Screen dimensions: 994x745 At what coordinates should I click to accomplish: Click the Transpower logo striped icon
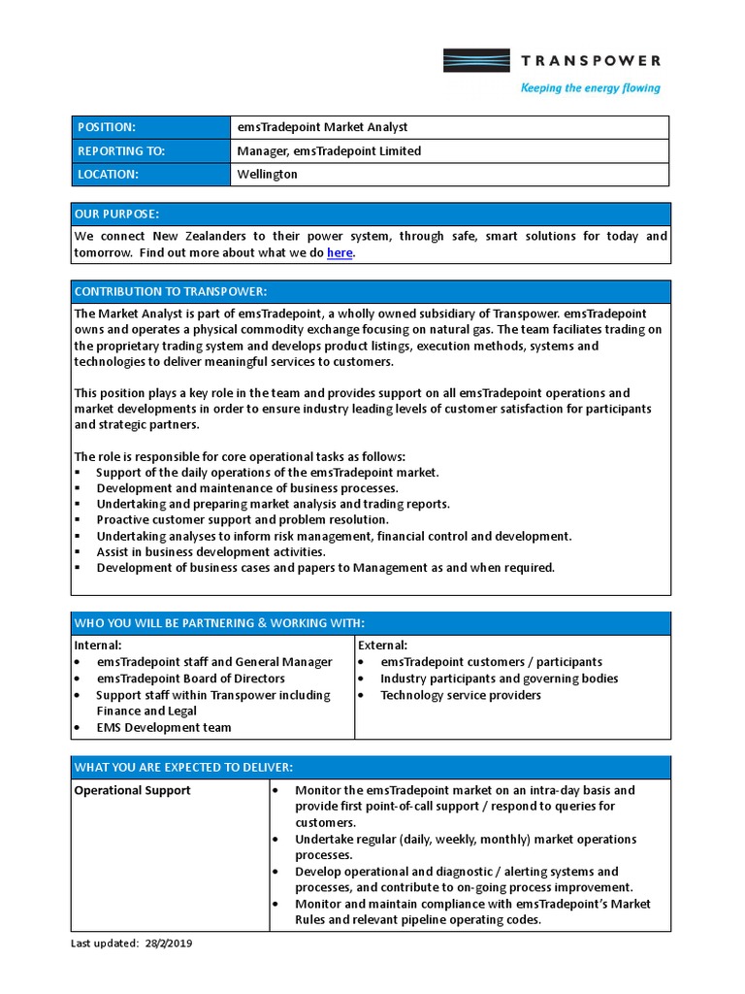pos(476,61)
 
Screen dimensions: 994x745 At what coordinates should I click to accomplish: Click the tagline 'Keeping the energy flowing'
pos(590,88)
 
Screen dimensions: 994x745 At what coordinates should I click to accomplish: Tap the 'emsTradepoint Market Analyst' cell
pos(322,127)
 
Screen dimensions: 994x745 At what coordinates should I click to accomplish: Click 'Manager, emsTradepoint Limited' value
pos(329,151)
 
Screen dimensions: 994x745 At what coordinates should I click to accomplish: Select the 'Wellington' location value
pos(267,175)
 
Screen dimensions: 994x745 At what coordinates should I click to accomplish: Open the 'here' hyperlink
pos(340,252)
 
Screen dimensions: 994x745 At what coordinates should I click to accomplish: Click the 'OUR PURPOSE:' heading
pos(116,214)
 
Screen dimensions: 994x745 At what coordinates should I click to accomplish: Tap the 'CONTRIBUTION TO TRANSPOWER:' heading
pos(170,291)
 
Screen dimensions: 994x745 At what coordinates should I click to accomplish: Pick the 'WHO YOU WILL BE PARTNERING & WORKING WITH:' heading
pos(219,622)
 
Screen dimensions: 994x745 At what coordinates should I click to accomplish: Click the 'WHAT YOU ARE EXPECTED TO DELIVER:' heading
pos(183,768)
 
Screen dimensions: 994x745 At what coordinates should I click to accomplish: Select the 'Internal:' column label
pos(98,646)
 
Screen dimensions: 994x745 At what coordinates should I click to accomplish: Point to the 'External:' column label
pos(383,646)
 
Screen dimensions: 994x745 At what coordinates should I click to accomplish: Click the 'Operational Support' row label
pos(133,790)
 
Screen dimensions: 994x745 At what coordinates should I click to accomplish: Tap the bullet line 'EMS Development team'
pos(163,728)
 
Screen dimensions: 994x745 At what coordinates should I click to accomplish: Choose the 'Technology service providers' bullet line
pos(460,695)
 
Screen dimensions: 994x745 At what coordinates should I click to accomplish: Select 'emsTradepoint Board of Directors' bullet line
pos(190,679)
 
